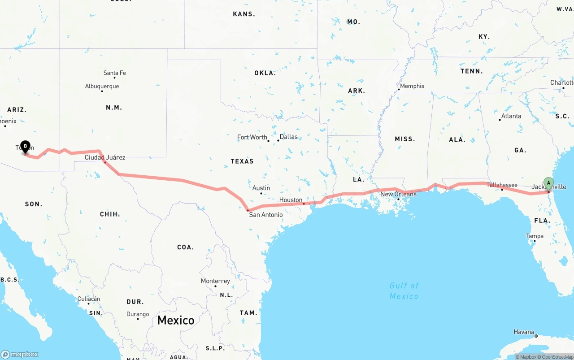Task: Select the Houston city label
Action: pos(291,200)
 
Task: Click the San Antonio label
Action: pos(266,215)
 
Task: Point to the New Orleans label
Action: pos(398,194)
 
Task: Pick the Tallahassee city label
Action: pos(502,185)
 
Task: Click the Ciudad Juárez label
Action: pos(105,157)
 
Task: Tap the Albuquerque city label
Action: pos(102,86)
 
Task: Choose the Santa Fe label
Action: pos(114,73)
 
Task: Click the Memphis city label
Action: pos(412,86)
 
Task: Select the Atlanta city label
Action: pos(511,116)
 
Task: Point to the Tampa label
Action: pos(535,236)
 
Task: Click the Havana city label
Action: pos(524,332)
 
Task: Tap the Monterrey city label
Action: pos(215,281)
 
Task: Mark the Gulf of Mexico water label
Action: pos(404,291)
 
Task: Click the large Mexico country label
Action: pos(176,320)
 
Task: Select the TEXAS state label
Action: pos(242,161)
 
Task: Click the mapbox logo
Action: pos(20,354)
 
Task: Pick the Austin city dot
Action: pos(261,193)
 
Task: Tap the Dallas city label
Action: pos(288,137)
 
